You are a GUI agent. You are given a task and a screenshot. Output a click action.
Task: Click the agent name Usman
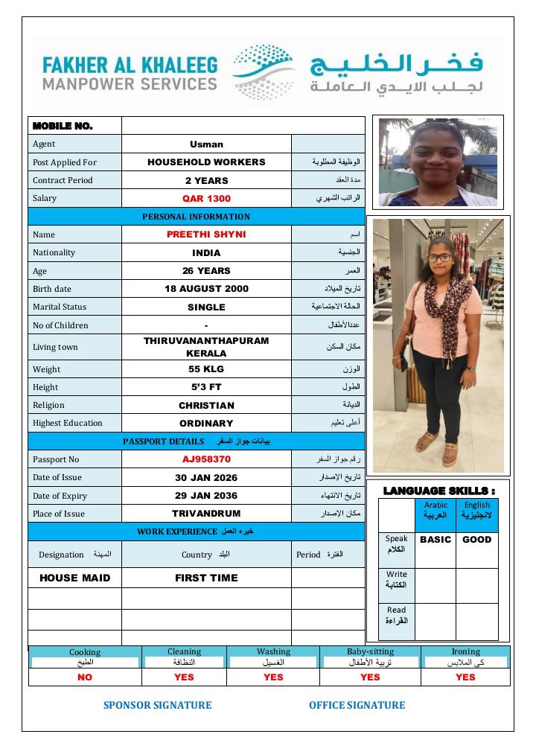point(206,144)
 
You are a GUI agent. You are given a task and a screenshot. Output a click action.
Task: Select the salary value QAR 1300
point(206,199)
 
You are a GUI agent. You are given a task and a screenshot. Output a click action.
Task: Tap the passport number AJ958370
point(206,459)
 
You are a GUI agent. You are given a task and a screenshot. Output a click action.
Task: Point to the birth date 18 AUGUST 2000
point(206,289)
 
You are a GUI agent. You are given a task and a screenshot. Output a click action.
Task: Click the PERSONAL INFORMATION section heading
point(197,217)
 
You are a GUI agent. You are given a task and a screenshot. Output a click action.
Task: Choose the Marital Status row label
point(60,307)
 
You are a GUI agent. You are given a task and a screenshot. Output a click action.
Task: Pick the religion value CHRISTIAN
point(206,406)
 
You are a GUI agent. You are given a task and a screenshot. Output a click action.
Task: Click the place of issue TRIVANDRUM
point(206,514)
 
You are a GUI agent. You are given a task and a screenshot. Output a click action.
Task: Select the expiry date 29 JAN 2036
point(206,496)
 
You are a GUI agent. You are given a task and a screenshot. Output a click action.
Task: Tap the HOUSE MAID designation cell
point(74,578)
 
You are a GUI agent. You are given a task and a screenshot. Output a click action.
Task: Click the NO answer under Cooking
point(85,677)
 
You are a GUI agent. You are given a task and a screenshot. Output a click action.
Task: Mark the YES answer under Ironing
point(465,677)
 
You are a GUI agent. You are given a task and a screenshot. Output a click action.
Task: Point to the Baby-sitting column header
point(370,651)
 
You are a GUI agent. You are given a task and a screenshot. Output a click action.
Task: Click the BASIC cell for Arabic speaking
point(435,540)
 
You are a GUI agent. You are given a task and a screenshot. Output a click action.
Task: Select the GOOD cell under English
point(476,540)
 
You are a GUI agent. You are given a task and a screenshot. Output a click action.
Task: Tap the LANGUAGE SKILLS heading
point(438,491)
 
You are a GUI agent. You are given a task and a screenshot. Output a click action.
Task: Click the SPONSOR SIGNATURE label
point(157,705)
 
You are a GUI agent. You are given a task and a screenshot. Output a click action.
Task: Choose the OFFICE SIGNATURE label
point(357,705)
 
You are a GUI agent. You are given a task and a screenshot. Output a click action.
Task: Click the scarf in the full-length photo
point(450,305)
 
